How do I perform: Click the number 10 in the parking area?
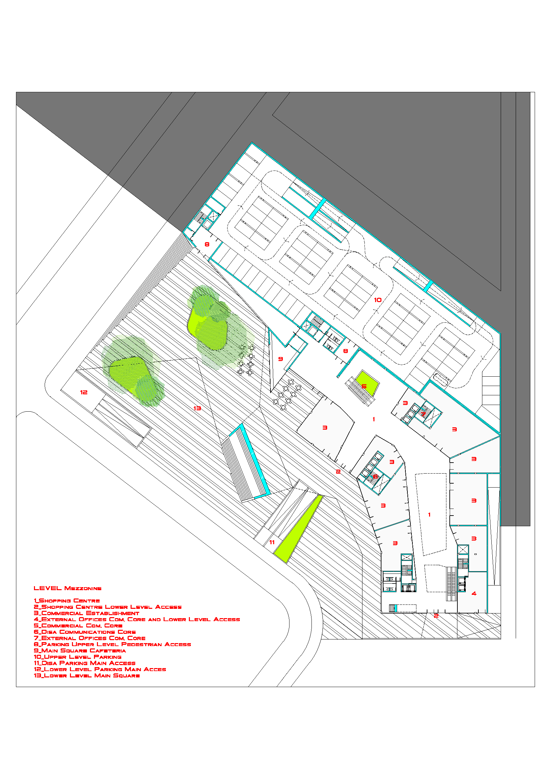(378, 300)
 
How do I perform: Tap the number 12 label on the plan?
(84, 392)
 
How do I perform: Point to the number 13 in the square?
(197, 408)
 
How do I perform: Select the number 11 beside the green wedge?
(272, 542)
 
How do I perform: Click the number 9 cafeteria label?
(280, 359)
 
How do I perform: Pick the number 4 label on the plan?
(474, 593)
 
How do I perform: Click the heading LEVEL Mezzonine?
(68, 588)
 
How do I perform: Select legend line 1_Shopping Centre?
(67, 600)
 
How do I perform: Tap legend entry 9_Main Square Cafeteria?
(80, 650)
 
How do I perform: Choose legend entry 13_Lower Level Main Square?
(87, 675)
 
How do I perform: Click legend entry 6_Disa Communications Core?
(85, 632)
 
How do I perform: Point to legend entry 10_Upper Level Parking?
(78, 657)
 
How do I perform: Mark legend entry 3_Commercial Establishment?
(87, 613)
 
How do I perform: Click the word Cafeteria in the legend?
(108, 650)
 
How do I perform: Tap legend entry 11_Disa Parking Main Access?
(85, 663)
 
